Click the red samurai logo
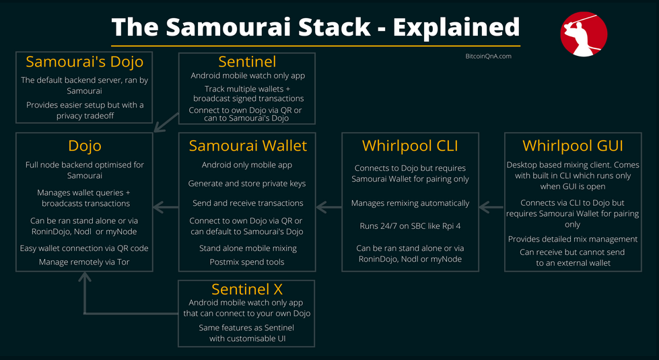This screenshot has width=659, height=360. tap(584, 34)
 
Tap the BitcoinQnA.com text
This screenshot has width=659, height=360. tap(489, 57)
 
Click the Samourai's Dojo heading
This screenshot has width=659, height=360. tap(85, 62)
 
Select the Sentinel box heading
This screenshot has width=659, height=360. tap(247, 62)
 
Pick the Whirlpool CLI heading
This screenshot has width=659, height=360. tap(410, 145)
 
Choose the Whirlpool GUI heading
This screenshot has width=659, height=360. tap(573, 145)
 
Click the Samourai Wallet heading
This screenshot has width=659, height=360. tap(248, 145)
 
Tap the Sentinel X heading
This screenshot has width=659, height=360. tap(247, 289)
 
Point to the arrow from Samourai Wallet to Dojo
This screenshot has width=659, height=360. tap(165, 208)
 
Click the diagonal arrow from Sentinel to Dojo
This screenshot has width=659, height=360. tap(166, 122)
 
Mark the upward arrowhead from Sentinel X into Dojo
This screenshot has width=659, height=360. tap(85, 279)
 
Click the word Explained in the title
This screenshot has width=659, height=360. tap(456, 27)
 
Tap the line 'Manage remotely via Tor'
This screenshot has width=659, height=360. tap(84, 262)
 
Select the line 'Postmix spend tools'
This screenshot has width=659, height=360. tap(247, 262)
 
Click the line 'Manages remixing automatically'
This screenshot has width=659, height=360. tap(410, 203)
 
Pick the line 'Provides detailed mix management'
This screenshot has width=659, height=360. tap(573, 239)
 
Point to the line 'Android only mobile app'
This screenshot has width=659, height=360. tap(247, 165)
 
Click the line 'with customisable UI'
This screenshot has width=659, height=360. tap(246, 338)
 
